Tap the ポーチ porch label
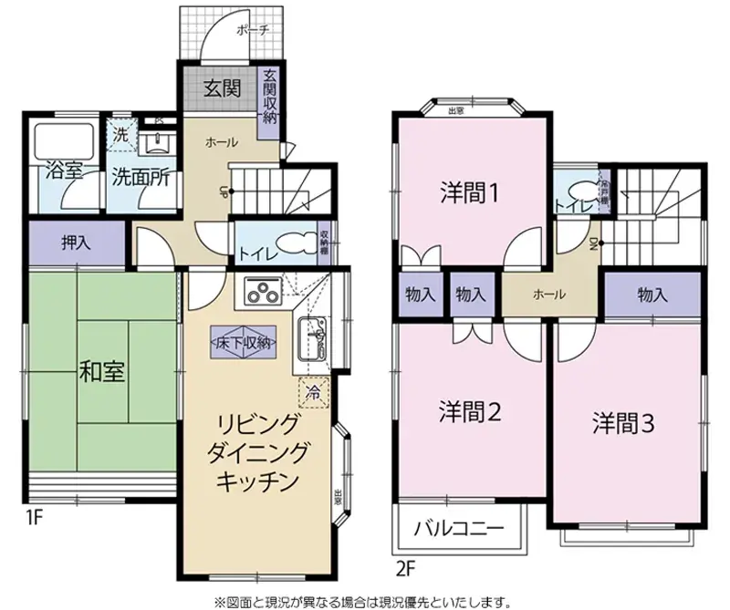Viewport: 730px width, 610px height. click(x=253, y=30)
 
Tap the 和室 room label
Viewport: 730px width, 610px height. click(x=102, y=372)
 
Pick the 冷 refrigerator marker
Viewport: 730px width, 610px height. click(x=312, y=394)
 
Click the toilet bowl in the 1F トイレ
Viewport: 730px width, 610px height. click(x=294, y=244)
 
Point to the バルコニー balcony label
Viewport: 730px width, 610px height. click(x=459, y=529)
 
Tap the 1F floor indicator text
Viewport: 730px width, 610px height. click(x=34, y=520)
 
